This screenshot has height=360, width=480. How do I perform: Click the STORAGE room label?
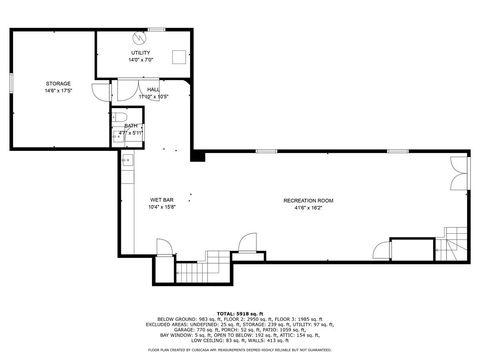pyautogui.click(x=58, y=83)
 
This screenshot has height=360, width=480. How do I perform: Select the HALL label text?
pyautogui.click(x=153, y=89)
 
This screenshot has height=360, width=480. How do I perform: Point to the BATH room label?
pyautogui.click(x=131, y=126)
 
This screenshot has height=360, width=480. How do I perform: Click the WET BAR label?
pyautogui.click(x=162, y=200)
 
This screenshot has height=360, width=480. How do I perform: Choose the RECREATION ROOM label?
pyautogui.click(x=308, y=200)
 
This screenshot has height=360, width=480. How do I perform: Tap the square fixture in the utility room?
pyautogui.click(x=179, y=57)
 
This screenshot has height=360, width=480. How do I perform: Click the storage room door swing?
pyautogui.click(x=100, y=92)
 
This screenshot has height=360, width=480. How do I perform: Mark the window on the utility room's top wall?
pyautogui.click(x=140, y=30)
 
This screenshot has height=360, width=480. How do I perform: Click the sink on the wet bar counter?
pyautogui.click(x=127, y=159)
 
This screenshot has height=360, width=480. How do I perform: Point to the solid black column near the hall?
pyautogui.click(x=198, y=156)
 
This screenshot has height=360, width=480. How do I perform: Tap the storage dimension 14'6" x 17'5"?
pyautogui.click(x=58, y=91)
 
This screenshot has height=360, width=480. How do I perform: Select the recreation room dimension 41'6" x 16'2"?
pyautogui.click(x=308, y=208)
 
